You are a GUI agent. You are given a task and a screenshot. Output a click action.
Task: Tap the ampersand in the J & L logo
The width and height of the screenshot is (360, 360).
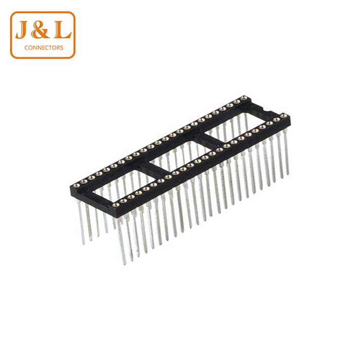pos(40,29)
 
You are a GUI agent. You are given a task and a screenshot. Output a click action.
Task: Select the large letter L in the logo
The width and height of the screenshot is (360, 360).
pos(62,29)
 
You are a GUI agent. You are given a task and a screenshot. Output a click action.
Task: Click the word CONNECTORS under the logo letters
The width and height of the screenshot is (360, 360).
pos(44,48)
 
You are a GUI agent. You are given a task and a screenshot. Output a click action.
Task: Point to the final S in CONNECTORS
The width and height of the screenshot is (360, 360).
pos(61,48)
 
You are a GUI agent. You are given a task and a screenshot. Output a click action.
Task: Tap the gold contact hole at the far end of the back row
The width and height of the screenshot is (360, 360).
pos(244,98)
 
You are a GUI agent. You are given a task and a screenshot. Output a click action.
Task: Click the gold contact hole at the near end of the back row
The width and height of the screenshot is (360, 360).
pos(77,185)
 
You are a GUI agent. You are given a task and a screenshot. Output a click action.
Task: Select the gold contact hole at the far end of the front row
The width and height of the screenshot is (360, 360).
pos(284,116)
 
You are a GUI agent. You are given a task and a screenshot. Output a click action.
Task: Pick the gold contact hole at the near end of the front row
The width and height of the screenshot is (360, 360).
pos(116,205)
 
